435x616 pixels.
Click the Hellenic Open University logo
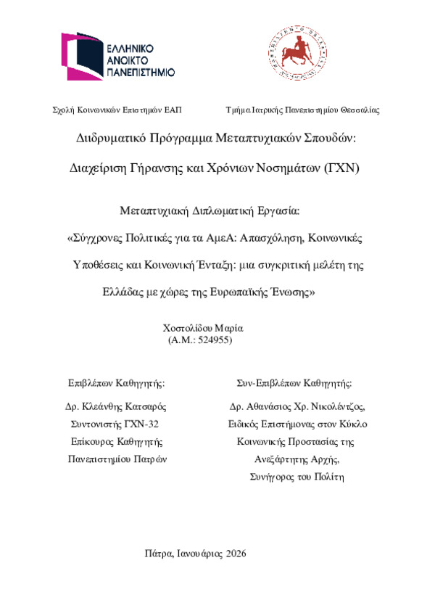pyautogui.click(x=117, y=55)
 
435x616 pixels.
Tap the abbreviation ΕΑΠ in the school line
pyautogui.click(x=173, y=110)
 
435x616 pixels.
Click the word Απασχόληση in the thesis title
pyautogui.click(x=302, y=238)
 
